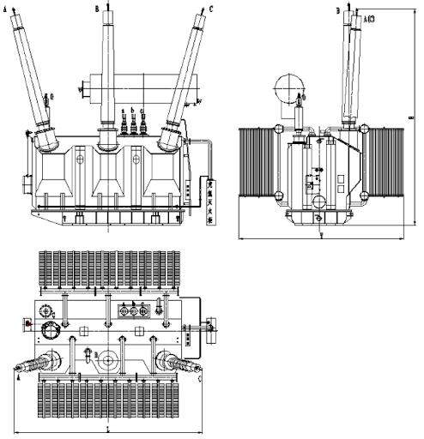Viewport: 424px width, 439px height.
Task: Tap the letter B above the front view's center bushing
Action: point(97,8)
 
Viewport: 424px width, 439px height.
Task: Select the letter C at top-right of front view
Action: point(211,9)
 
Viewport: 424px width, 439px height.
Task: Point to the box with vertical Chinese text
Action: point(211,201)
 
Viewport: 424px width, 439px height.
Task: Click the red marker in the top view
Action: point(27,323)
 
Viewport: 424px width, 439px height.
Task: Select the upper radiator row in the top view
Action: point(106,270)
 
